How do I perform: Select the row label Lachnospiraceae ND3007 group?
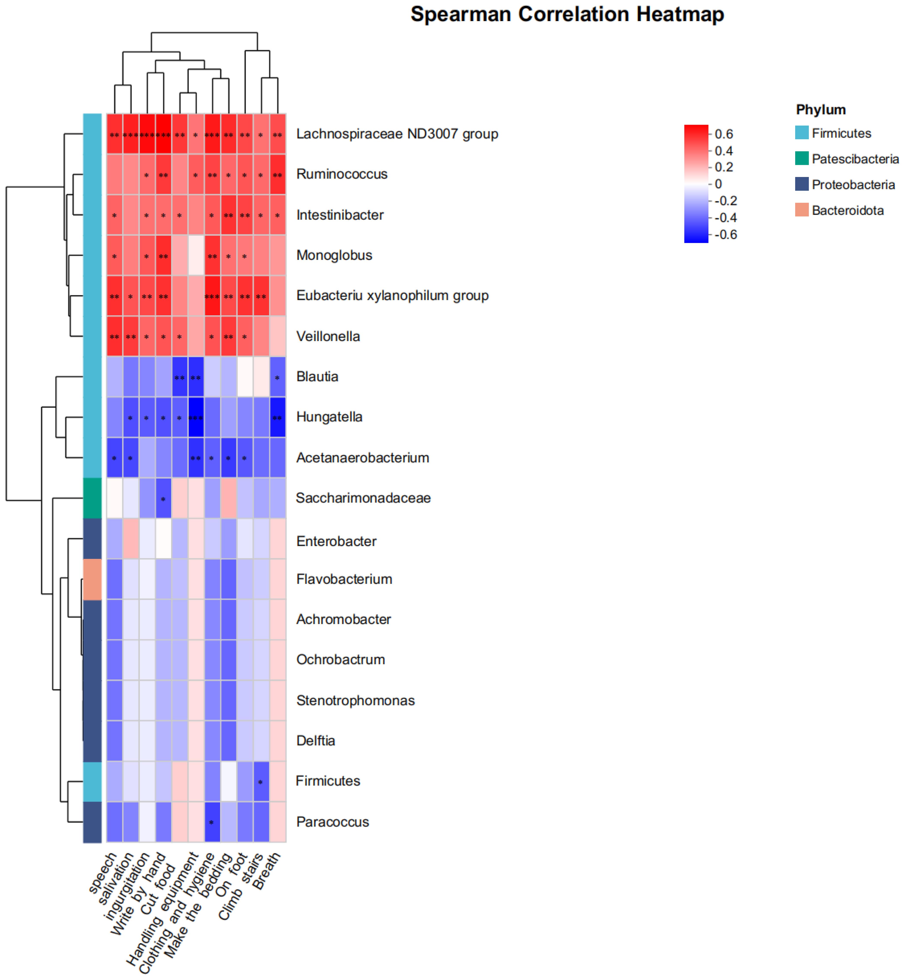pos(397,134)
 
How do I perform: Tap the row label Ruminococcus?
pos(342,174)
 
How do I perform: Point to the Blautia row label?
pos(317,377)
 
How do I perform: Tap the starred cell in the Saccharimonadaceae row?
pos(163,498)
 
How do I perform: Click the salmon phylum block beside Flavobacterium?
pos(92,579)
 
